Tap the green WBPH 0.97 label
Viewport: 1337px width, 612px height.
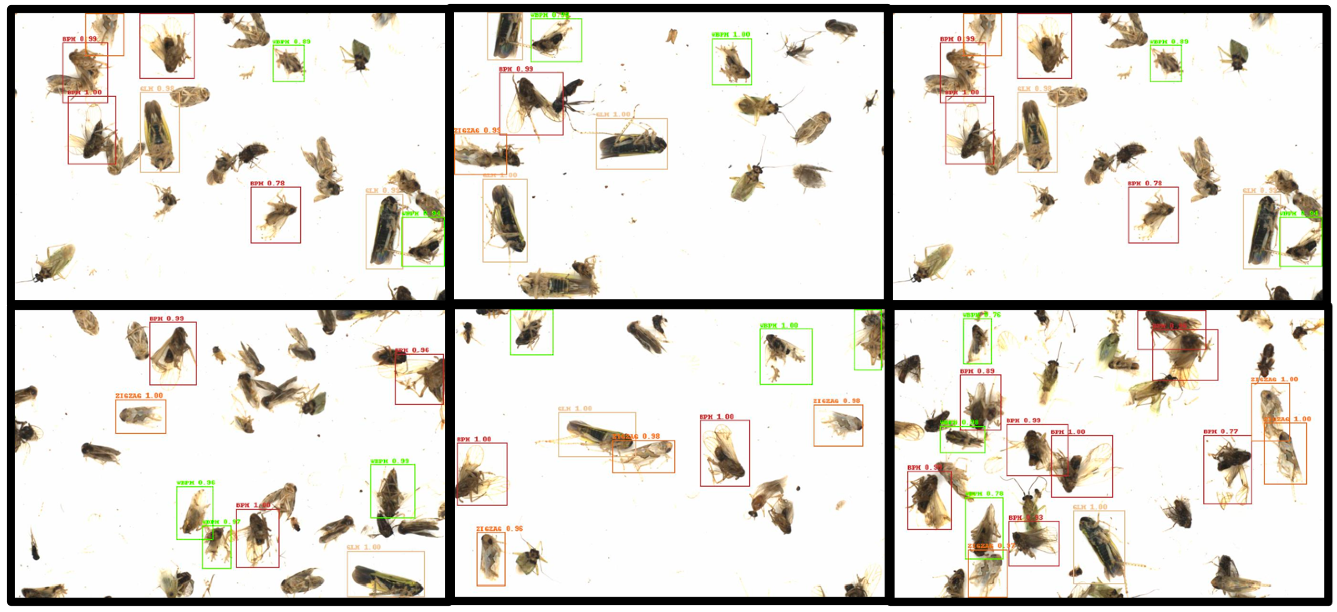click(x=222, y=522)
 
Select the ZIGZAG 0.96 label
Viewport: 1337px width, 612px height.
click(x=499, y=528)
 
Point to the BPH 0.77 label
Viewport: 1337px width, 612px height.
click(x=1220, y=431)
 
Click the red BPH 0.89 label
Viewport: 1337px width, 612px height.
click(x=977, y=371)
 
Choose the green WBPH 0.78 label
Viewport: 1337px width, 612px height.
click(x=984, y=494)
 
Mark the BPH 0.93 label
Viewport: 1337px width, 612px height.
click(x=1026, y=518)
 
